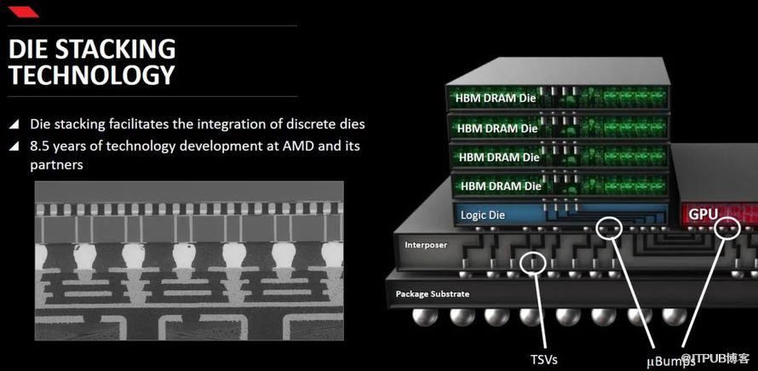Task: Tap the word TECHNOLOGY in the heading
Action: (92, 75)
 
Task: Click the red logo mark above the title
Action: (23, 12)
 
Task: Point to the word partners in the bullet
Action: (56, 165)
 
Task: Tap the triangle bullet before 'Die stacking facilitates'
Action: (14, 124)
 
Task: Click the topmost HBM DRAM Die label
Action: (496, 98)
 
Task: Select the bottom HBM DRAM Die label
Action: (501, 186)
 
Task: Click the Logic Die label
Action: (482, 215)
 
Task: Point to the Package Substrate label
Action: (432, 294)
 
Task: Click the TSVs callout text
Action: (544, 359)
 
